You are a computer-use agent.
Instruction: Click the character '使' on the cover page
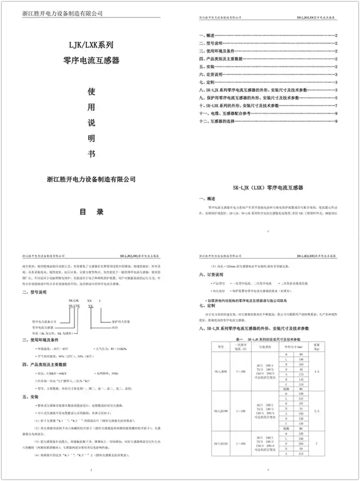(x=92, y=93)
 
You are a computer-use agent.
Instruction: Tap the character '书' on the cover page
(x=92, y=153)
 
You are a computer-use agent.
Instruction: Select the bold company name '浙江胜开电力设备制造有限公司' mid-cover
(x=91, y=179)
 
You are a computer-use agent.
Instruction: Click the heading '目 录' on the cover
(x=92, y=211)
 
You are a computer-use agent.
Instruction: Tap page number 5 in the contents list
(x=336, y=98)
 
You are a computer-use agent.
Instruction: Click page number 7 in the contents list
(x=336, y=105)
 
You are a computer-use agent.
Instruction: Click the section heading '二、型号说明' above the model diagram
(x=34, y=292)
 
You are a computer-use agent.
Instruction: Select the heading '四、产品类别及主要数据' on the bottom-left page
(x=44, y=364)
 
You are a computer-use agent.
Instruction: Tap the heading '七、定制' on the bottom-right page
(x=207, y=306)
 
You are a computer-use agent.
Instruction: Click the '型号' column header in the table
(x=221, y=347)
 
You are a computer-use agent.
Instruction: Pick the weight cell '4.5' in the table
(x=317, y=372)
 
